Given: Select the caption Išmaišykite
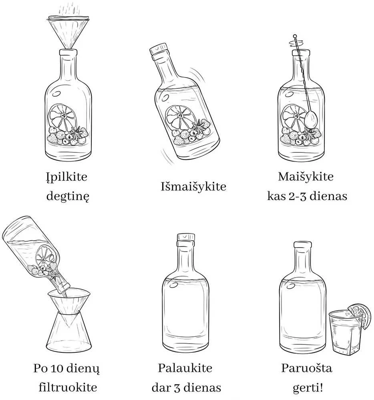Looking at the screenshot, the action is (193, 186).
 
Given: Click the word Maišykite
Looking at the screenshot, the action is (306, 176).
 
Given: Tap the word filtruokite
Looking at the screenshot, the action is (68, 388).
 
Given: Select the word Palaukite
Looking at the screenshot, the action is (185, 368).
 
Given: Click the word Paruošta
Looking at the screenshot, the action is (307, 368).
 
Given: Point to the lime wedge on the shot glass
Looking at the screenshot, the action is (360, 315).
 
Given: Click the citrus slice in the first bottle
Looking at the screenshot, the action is (63, 118).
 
